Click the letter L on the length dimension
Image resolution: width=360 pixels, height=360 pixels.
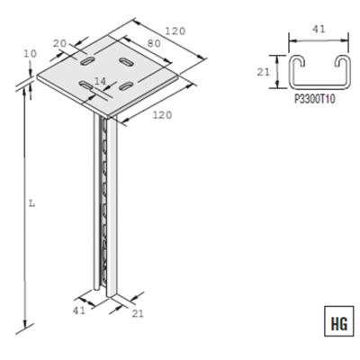pos(31,204)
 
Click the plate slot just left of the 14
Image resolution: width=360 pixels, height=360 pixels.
pos(86,85)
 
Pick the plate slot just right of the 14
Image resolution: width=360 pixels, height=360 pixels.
pos(127,85)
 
